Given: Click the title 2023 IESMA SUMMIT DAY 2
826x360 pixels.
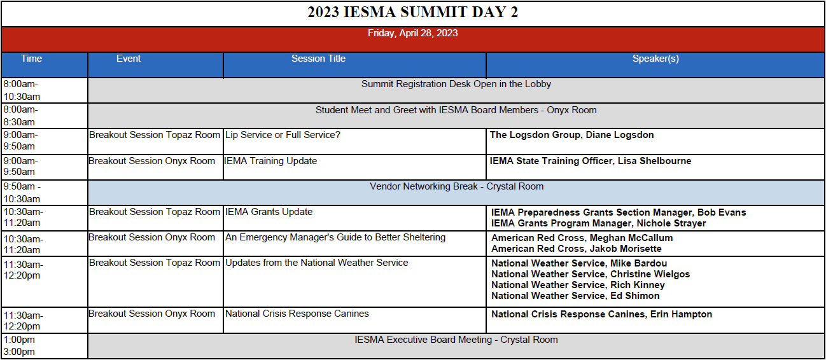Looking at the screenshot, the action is [x=412, y=12].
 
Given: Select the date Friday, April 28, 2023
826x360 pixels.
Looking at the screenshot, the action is [x=412, y=33].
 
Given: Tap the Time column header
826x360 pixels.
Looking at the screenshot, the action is [x=31, y=59].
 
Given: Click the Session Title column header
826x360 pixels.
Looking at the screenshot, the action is [x=318, y=59].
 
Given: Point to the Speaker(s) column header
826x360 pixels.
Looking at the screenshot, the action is [x=655, y=59].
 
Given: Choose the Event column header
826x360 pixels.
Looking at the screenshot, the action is [x=129, y=59].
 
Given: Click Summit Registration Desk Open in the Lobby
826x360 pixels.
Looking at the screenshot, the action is [x=456, y=84].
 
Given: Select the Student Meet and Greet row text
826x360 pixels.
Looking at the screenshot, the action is [x=456, y=110].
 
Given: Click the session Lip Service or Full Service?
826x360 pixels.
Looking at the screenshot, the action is [x=283, y=135].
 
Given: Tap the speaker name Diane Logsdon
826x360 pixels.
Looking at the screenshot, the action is [x=620, y=135].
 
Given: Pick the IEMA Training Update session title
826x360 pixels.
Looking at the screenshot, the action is [x=270, y=161].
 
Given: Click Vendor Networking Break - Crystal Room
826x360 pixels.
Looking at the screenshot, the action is [x=456, y=186].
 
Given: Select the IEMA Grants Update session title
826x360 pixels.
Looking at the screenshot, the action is [x=269, y=212].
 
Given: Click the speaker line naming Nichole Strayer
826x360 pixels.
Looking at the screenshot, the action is [x=598, y=223].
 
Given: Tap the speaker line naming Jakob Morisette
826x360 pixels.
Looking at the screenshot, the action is [x=577, y=249].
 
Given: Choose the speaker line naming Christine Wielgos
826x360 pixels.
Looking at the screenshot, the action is [x=591, y=274].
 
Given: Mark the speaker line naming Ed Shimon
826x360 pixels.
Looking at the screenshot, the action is [x=575, y=296].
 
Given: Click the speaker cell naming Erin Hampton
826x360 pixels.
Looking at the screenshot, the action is [x=602, y=314].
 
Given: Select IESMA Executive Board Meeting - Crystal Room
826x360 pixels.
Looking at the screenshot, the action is [x=456, y=340].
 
